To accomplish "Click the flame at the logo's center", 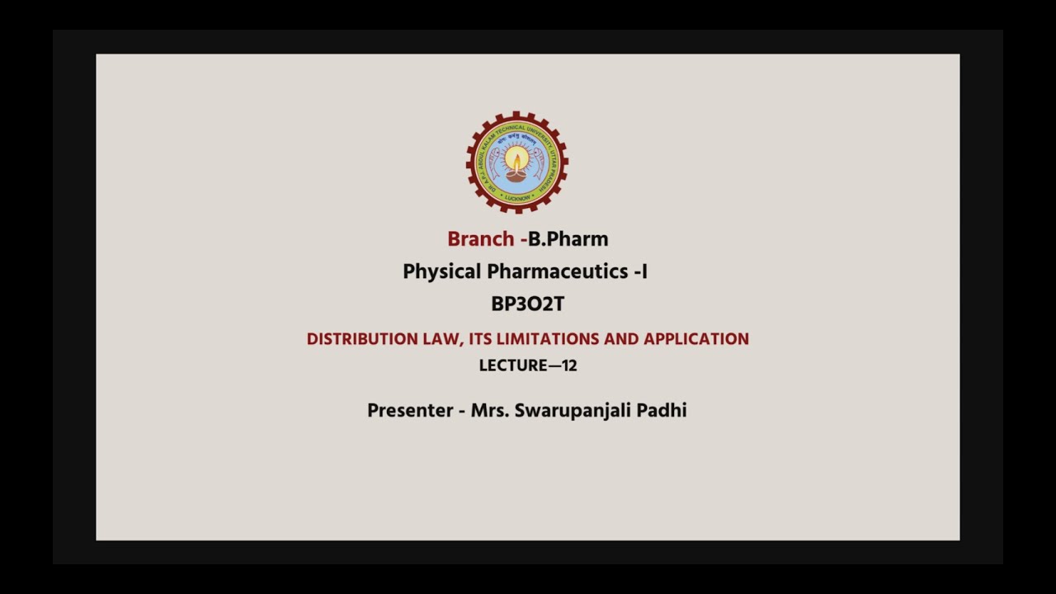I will click(516, 159).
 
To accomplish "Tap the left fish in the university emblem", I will click(493, 161).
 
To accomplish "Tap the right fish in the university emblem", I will click(540, 161).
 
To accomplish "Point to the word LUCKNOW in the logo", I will click(517, 198).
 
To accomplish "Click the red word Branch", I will click(480, 239).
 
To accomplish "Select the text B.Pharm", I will click(568, 239).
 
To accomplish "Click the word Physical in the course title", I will click(441, 271).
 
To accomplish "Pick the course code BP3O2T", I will click(527, 304).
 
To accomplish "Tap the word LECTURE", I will click(513, 365).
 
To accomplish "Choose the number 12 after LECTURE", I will click(569, 365).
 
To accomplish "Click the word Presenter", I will click(410, 411).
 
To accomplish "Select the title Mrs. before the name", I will click(490, 411).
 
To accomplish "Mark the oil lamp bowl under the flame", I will click(516, 176).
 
